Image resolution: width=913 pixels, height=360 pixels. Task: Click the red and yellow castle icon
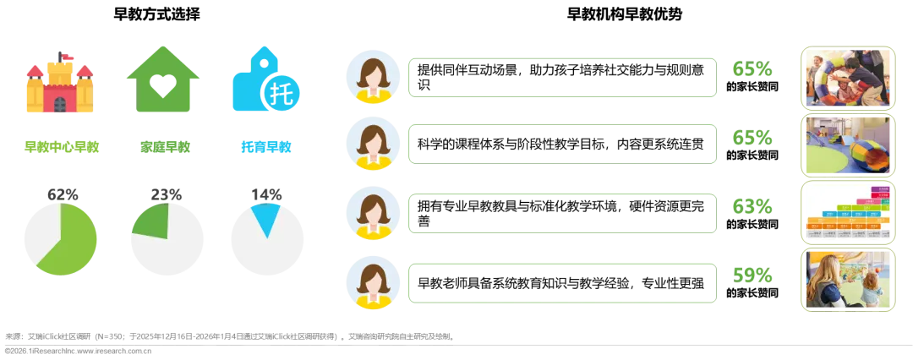tap(57, 85)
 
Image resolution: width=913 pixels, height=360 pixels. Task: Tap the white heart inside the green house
tap(162, 90)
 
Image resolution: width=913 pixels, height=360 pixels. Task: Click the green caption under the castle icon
tap(59, 147)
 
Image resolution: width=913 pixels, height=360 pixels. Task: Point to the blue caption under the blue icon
tap(265, 147)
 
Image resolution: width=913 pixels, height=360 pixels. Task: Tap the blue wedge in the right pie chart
tap(266, 218)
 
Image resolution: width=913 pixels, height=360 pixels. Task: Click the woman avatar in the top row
tap(372, 78)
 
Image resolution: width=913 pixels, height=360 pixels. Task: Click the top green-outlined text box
tap(561, 78)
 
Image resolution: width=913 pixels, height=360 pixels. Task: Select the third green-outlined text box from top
tap(561, 213)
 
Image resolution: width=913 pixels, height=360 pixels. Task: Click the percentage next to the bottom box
tap(752, 274)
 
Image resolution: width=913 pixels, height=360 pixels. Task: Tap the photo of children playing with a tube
tap(848, 77)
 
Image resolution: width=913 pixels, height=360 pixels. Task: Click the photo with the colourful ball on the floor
tap(848, 145)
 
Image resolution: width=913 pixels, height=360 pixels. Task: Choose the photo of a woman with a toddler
tap(848, 281)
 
